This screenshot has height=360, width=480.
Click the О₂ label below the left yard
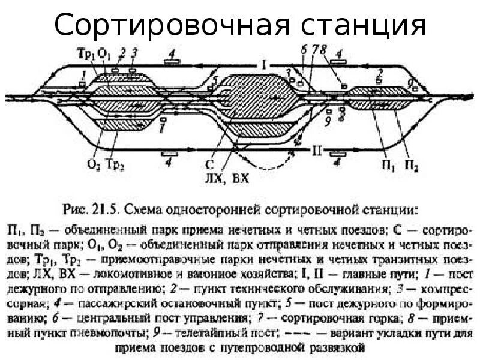[94, 163]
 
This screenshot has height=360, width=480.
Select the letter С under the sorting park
[208, 163]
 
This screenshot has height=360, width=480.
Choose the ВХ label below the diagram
[239, 178]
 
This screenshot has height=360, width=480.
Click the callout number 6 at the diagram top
[304, 52]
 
